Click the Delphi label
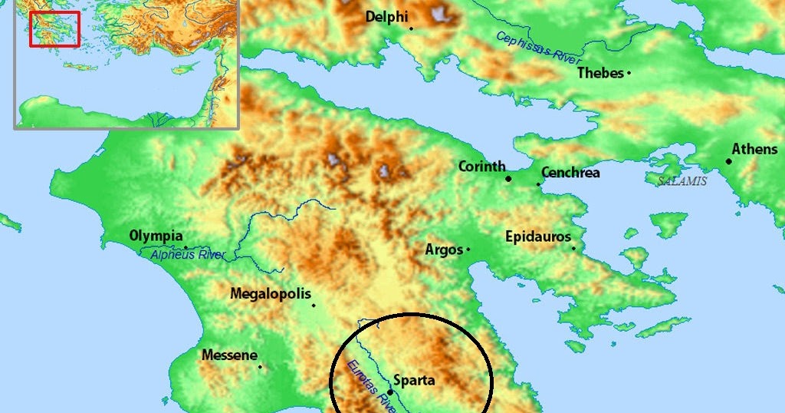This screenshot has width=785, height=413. click(x=386, y=16)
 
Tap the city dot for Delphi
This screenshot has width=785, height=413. click(x=412, y=28)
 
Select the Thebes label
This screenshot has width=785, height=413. click(x=600, y=73)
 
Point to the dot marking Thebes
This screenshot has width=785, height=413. click(x=629, y=73)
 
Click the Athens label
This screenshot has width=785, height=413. click(x=754, y=149)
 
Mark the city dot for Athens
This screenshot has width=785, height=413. click(x=728, y=161)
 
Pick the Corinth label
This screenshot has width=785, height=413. click(x=481, y=166)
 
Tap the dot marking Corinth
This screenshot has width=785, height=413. click(x=508, y=179)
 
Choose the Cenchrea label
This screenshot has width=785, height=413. click(x=570, y=173)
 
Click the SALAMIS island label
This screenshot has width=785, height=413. click(x=682, y=182)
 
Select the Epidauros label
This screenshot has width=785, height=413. click(x=537, y=236)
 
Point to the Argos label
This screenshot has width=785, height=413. click(x=444, y=249)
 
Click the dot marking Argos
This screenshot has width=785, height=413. click(x=468, y=249)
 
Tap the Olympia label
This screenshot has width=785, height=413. click(x=156, y=236)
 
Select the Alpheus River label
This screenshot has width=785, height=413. click(x=189, y=255)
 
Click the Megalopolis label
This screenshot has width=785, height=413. click(x=271, y=294)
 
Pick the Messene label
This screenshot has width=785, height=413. click(x=229, y=355)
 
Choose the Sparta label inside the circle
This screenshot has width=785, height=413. click(x=414, y=380)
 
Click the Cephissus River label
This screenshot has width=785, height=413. click(x=539, y=48)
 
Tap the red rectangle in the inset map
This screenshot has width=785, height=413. click(x=54, y=29)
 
